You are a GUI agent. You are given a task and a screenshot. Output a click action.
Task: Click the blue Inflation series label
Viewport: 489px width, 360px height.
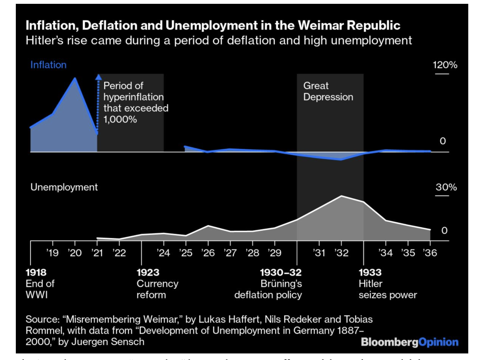point(48,65)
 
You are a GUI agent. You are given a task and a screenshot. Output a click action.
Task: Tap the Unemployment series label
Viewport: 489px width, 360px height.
point(64,187)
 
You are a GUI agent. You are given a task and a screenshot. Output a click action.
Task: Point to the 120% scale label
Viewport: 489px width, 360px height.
point(445,65)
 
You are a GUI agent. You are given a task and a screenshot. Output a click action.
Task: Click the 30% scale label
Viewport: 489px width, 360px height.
point(446,187)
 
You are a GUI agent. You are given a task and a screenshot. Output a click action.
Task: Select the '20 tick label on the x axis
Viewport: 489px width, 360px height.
point(75,253)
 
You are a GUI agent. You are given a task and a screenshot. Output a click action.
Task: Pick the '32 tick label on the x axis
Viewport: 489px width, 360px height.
point(341,253)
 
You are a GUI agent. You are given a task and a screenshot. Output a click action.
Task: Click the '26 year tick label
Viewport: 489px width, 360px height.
point(208,253)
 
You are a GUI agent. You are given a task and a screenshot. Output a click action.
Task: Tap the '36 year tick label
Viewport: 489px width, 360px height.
point(430,253)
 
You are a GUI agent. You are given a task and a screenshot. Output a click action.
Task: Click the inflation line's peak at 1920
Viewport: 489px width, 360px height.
point(75,79)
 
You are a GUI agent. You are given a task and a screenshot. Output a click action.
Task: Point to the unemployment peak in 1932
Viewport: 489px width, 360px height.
point(341,196)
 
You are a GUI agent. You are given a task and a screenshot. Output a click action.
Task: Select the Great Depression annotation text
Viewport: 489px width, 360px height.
point(328,91)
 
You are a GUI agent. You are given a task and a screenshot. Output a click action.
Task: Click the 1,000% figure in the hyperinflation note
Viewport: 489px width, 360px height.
point(120,119)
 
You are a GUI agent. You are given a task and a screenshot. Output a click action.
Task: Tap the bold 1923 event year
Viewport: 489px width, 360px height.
point(148,272)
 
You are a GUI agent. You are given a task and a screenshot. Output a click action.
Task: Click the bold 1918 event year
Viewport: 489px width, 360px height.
point(36,272)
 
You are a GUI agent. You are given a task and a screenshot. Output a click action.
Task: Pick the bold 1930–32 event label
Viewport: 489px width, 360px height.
point(281,272)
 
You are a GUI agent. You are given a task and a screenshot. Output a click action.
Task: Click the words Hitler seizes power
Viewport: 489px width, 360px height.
point(387,289)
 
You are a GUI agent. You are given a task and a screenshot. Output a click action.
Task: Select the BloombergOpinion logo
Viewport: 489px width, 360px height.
point(409,342)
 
